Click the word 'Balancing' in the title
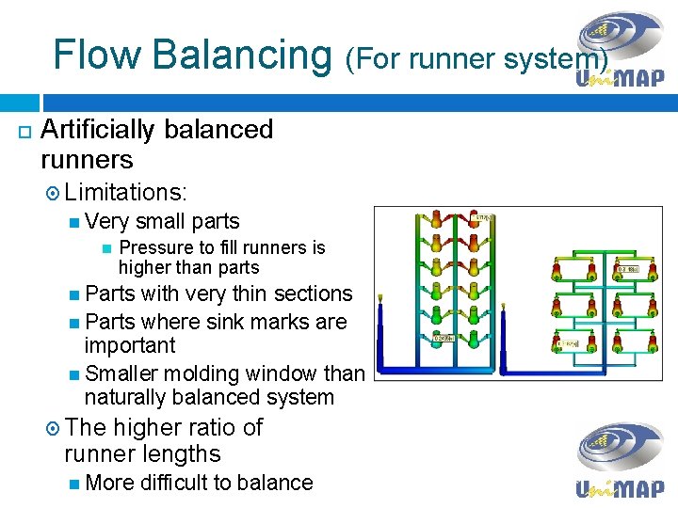242,55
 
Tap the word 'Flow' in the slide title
97,55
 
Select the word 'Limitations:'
127,193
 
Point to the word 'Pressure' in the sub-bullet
153,247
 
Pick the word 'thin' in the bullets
271,294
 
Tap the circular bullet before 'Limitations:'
53,194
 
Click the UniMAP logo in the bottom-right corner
620,461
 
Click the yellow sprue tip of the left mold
381,300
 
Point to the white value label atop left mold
483,219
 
